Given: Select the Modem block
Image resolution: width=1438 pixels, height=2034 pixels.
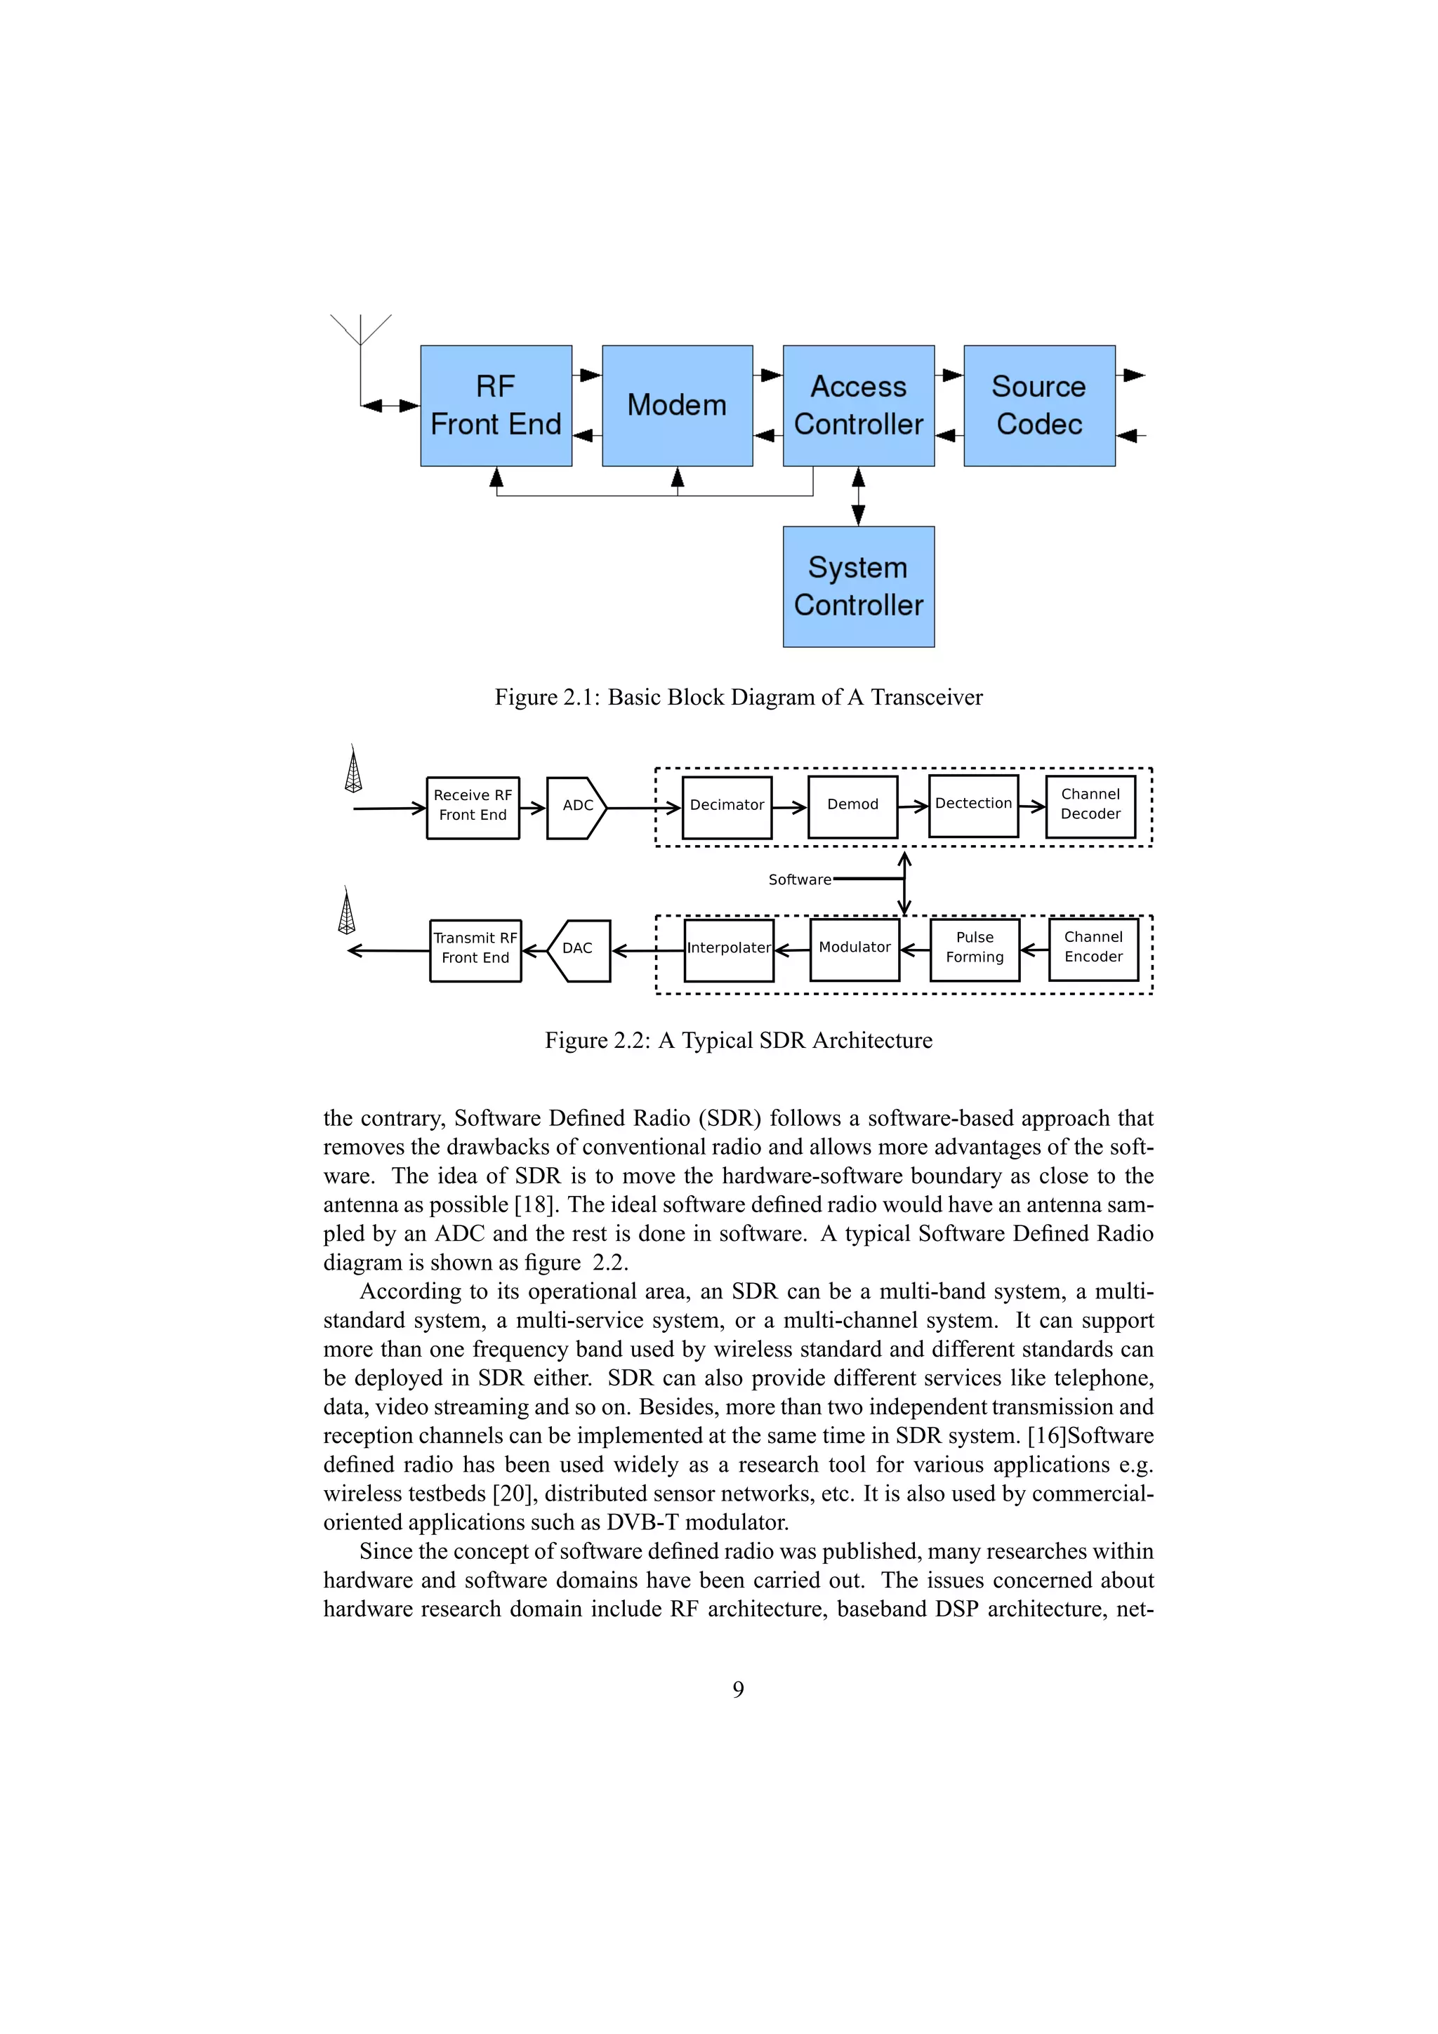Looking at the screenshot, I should click(677, 406).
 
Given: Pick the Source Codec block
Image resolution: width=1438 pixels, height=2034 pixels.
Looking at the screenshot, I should click(1038, 406).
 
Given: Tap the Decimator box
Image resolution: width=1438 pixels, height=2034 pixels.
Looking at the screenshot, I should click(727, 806).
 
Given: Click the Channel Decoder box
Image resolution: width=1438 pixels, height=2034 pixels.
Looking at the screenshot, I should click(1090, 804).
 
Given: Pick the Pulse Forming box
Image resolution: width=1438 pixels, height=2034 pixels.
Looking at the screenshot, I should click(975, 948).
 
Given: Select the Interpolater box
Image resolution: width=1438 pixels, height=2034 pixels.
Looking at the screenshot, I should click(728, 949).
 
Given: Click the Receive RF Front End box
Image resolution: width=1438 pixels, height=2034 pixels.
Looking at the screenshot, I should click(473, 806).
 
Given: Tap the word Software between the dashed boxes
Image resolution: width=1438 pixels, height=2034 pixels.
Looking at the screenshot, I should click(799, 879).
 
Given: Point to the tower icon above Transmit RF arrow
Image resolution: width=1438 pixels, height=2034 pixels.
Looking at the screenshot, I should click(346, 911).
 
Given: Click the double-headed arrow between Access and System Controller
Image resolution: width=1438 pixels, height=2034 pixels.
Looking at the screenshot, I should click(857, 496).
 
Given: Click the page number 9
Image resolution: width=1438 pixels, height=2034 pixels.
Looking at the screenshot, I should click(738, 1689).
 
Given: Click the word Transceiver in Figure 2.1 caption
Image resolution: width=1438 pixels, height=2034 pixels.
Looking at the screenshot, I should click(926, 698).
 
